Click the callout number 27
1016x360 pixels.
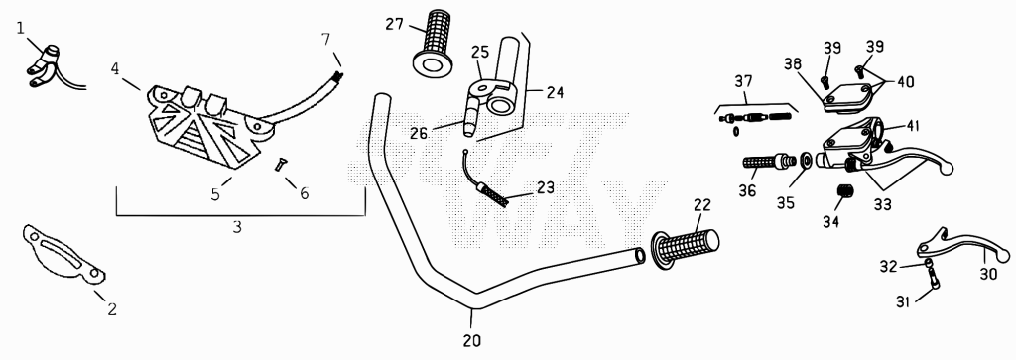(x=395, y=25)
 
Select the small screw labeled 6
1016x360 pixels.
(x=279, y=165)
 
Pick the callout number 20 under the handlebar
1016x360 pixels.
(x=472, y=340)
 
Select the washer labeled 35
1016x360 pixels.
(x=807, y=160)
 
